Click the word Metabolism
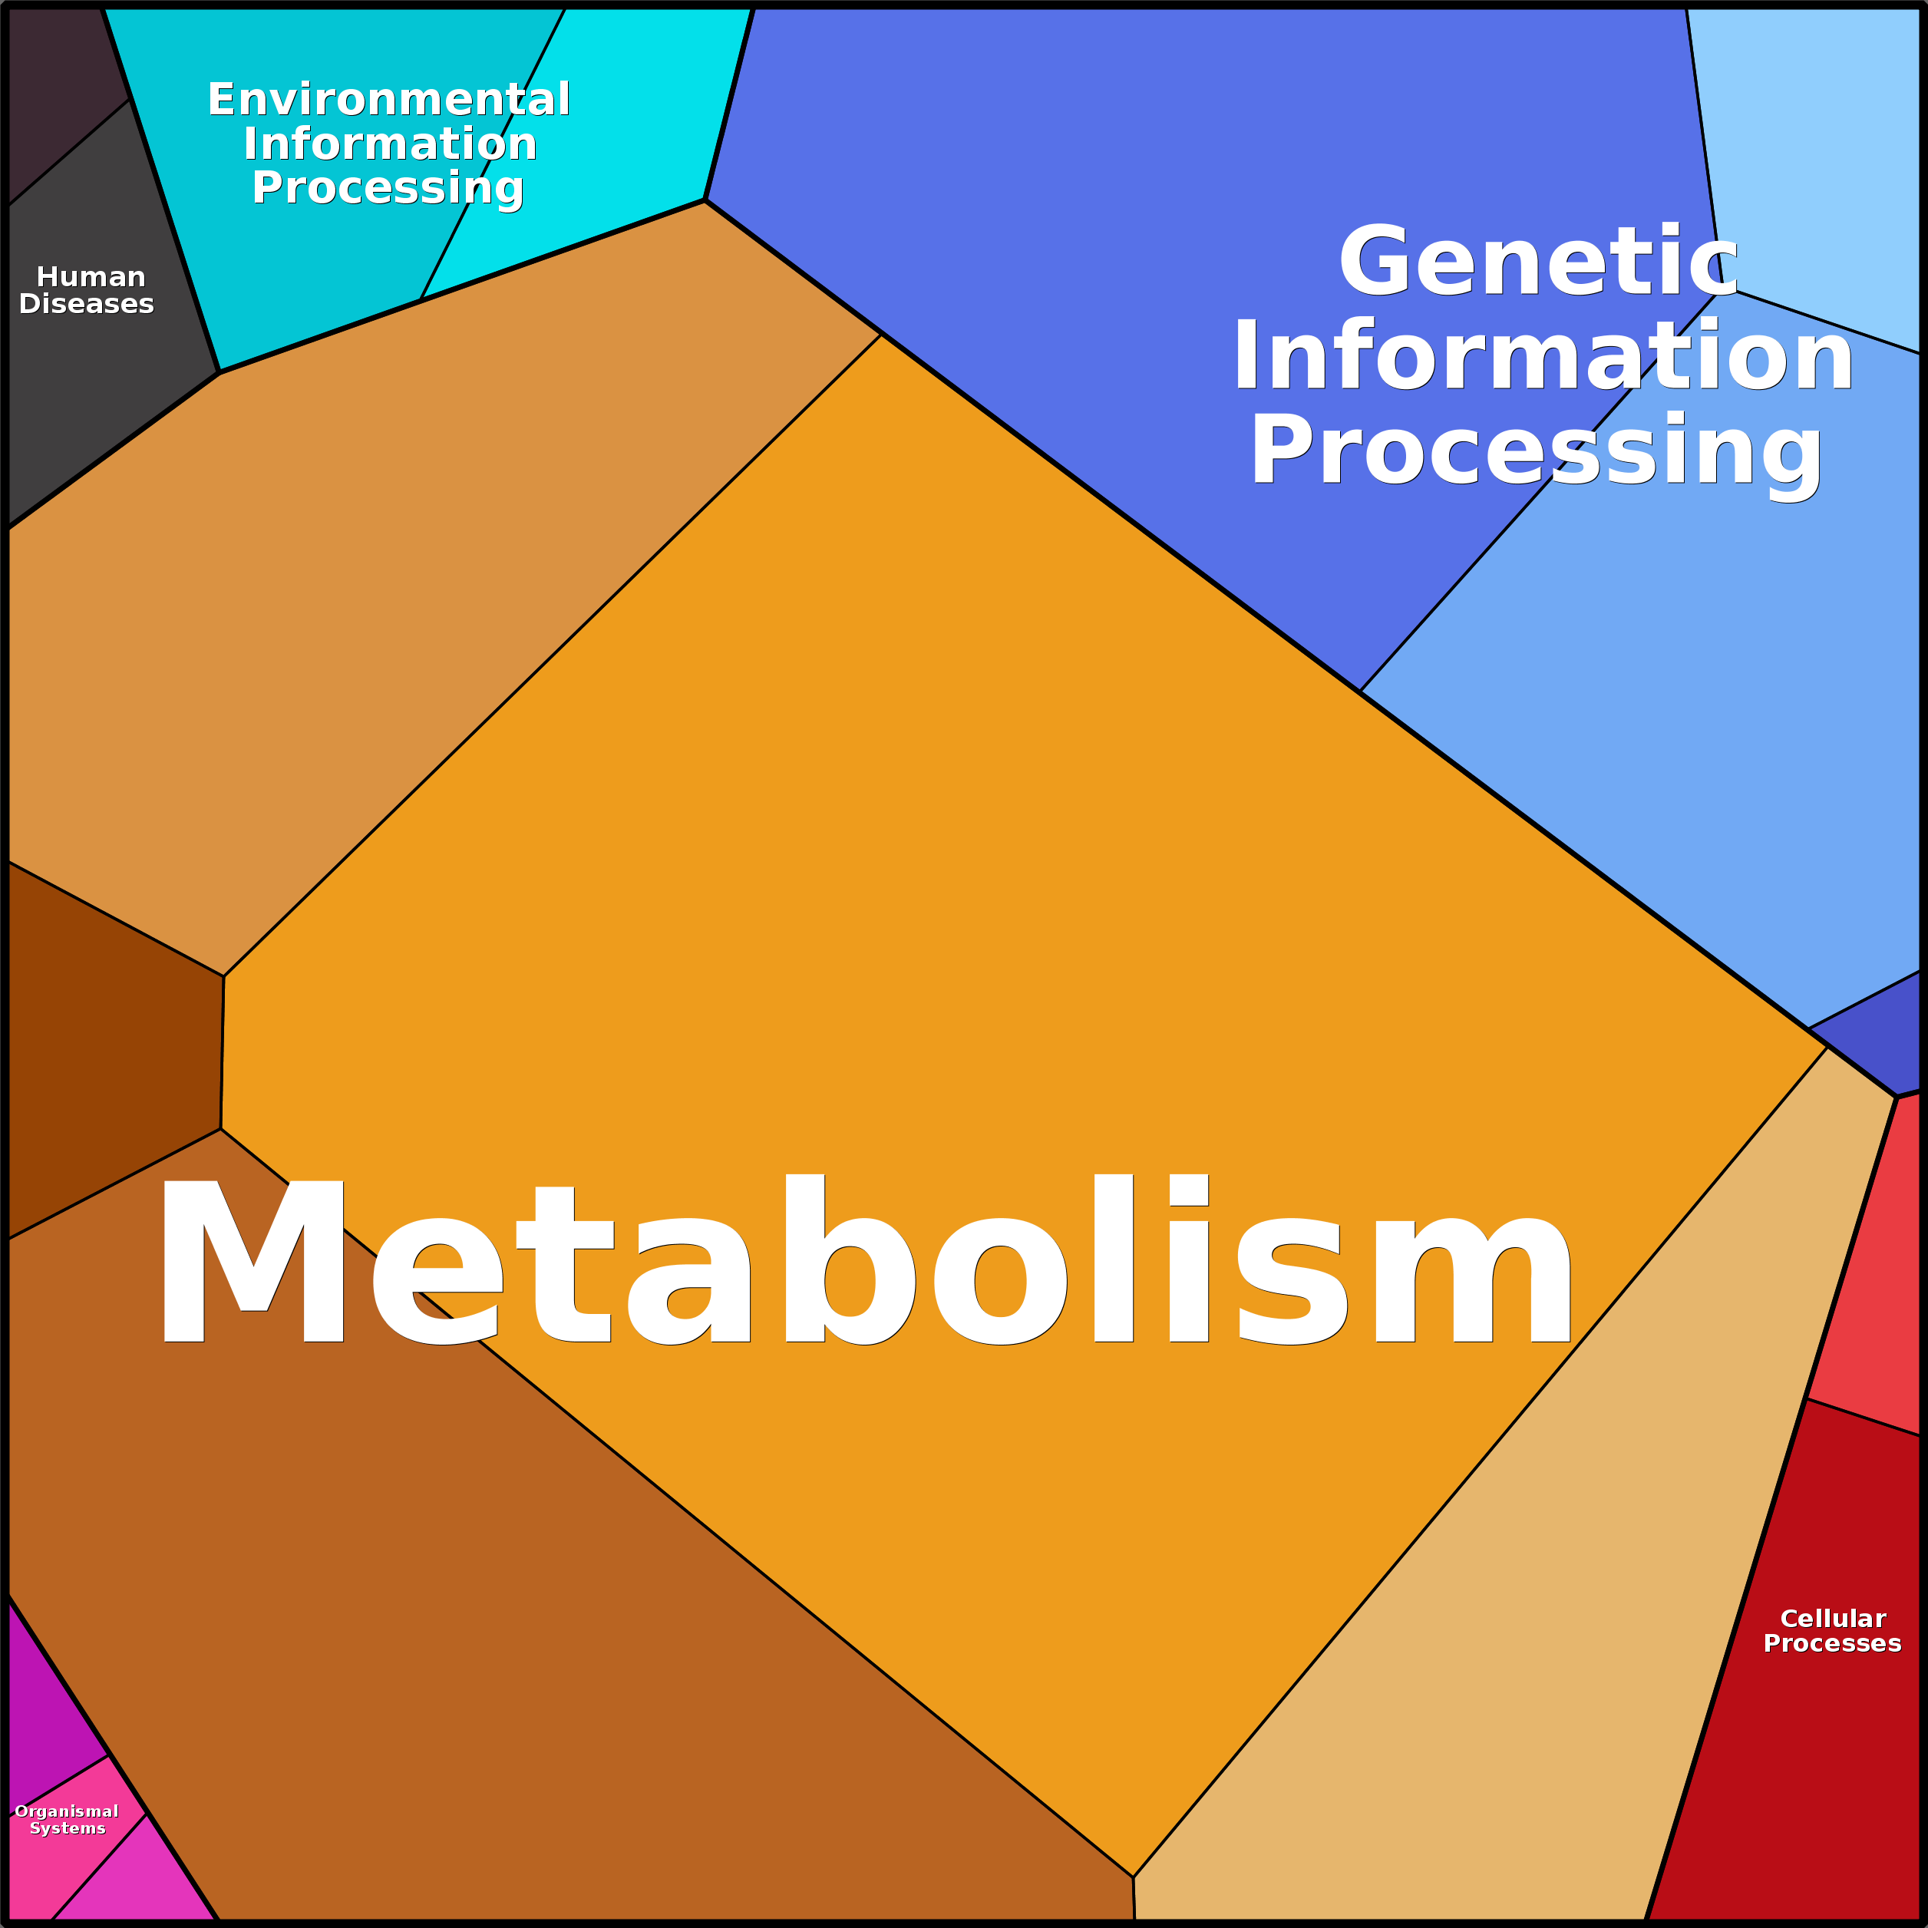pos(863,1263)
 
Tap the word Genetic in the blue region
pos(1538,262)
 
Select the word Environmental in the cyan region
pos(389,100)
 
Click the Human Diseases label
pos(87,290)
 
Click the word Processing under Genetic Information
pos(1536,451)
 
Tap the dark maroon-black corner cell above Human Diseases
pos(55,90)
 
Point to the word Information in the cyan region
pos(390,144)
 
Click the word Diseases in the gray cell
pos(87,305)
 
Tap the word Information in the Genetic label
pos(1542,356)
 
